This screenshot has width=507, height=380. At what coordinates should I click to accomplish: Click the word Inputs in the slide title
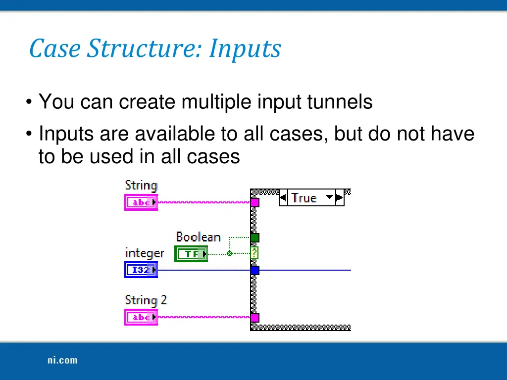point(245,49)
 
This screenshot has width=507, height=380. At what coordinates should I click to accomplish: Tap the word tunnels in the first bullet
point(340,102)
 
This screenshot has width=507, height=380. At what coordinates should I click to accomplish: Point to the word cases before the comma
point(302,134)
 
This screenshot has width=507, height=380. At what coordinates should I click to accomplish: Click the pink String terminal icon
point(141,202)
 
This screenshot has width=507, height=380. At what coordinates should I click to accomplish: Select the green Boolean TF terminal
point(191,254)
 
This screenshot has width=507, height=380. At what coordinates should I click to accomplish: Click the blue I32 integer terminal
point(141,270)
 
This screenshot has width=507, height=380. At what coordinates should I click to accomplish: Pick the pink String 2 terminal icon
point(141,317)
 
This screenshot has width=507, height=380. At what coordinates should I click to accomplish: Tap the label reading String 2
point(146,300)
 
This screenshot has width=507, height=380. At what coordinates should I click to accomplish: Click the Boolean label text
point(198,237)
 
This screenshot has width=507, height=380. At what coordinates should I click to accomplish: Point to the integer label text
point(145,253)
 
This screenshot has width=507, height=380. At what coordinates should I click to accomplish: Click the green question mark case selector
point(254,253)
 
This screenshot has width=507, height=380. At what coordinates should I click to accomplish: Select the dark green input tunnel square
point(254,237)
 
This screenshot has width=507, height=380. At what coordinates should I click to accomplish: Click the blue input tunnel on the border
point(254,270)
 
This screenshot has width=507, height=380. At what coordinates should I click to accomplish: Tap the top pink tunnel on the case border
point(254,202)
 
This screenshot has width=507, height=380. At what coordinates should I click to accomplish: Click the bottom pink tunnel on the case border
point(254,317)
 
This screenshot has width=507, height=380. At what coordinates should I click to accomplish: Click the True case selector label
point(304,198)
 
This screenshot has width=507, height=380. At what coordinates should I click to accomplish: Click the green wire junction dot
point(229,253)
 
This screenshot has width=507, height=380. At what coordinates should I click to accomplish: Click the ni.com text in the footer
point(62,360)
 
